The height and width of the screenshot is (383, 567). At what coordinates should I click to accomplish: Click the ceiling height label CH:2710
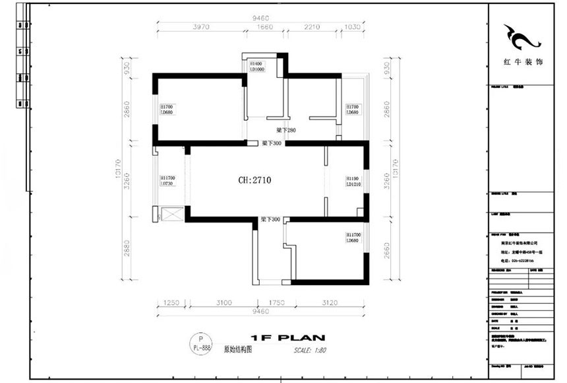254,179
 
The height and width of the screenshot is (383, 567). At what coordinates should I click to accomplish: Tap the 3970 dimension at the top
201,27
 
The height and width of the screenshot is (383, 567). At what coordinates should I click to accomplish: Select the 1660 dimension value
264,27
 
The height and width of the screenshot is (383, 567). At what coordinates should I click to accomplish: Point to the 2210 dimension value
312,27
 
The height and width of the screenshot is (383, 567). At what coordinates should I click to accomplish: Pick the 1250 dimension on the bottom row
171,302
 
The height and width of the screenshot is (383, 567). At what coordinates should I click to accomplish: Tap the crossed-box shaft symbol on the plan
171,215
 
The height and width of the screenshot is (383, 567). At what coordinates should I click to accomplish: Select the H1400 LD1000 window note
256,66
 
